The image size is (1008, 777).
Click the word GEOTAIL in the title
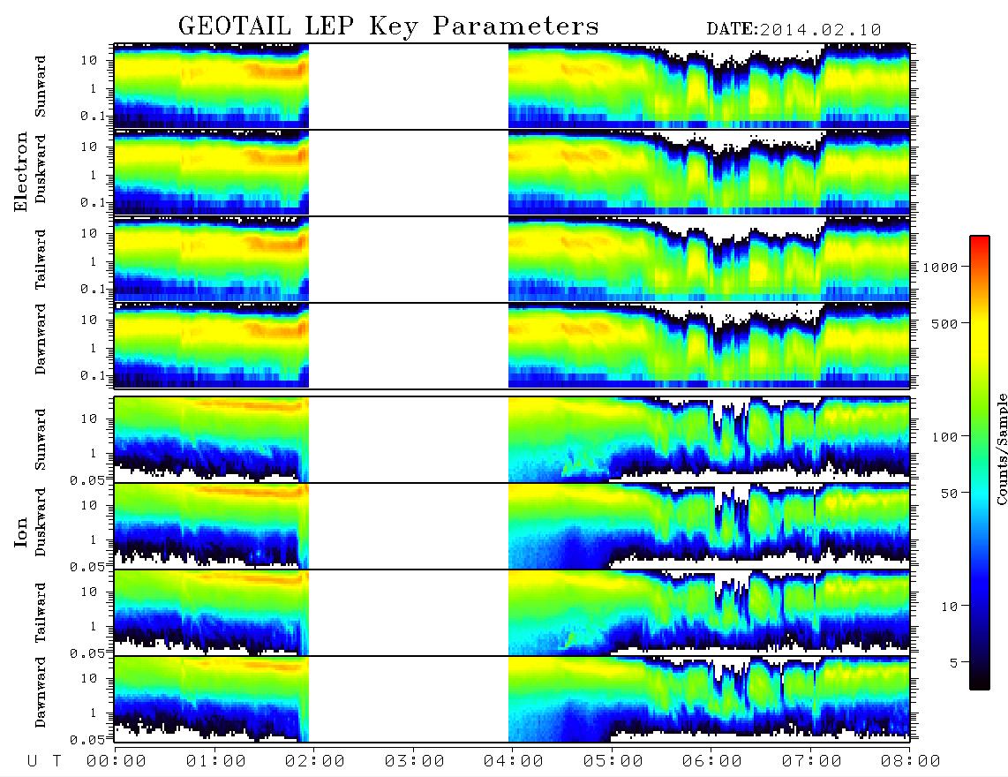[234, 26]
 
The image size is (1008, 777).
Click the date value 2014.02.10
[820, 30]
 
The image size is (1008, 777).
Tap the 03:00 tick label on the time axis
[414, 762]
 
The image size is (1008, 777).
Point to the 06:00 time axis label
[711, 762]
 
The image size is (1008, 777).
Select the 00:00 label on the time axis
[117, 762]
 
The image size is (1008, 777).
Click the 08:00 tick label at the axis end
[910, 762]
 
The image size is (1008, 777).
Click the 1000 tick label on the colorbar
[940, 268]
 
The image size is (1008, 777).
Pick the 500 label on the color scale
[944, 323]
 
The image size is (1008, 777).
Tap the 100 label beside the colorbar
[944, 437]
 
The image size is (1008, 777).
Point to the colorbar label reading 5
[954, 663]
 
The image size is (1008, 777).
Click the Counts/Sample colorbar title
[1001, 449]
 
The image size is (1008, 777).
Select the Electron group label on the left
[21, 172]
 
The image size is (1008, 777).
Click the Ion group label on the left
[21, 532]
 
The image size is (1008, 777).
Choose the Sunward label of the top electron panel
[40, 87]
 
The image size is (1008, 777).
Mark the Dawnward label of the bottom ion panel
[40, 691]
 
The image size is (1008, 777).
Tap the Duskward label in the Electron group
[40, 169]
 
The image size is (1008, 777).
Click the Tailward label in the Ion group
[40, 613]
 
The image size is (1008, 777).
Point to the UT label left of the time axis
[44, 762]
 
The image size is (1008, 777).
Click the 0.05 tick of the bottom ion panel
[87, 740]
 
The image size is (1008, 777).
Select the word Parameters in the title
[515, 26]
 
